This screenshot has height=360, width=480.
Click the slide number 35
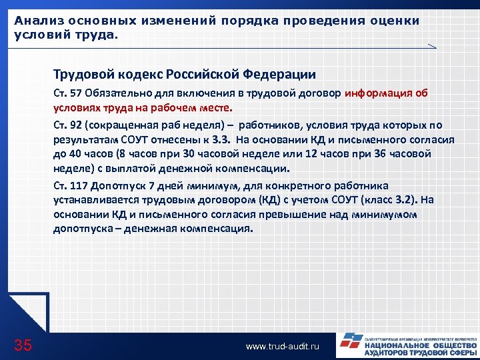[x=23, y=345]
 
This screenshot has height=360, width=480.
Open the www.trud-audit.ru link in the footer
[x=283, y=347]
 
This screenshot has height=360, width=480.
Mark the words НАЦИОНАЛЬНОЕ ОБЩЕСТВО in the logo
[x=420, y=347]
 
